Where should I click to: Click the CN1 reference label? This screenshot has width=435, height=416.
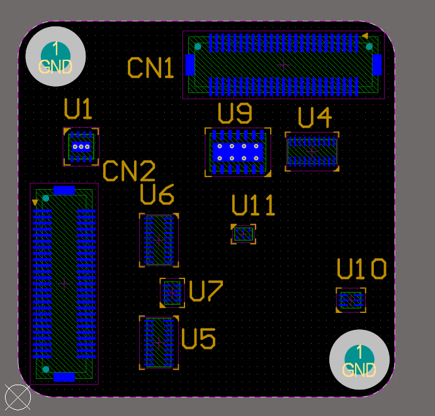[x=150, y=68]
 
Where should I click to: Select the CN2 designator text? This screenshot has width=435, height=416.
[x=129, y=171]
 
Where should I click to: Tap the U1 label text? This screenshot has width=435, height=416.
[x=78, y=110]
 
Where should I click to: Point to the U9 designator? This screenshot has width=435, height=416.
[x=235, y=113]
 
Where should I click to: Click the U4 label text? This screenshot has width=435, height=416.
[x=314, y=118]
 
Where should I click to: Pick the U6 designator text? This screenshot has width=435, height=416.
[x=157, y=195]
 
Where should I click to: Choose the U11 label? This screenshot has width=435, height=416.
[x=253, y=205]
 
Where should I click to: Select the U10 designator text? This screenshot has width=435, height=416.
[x=361, y=270]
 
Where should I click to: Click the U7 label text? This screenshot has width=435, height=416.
[x=206, y=291]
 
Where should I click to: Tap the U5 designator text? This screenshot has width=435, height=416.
[x=198, y=339]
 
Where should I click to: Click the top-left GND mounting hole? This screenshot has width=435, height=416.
[x=55, y=57]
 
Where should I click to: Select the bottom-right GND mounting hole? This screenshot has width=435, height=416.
[x=359, y=360]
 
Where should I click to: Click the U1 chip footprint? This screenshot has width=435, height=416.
[x=81, y=147]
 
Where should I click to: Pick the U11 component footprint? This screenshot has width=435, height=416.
[x=243, y=234]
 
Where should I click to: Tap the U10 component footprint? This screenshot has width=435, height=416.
[x=351, y=300]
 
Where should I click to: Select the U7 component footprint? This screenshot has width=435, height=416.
[x=172, y=293]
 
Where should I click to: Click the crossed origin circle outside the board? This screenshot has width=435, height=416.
[x=18, y=397]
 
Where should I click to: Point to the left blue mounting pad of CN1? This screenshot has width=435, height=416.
[x=190, y=64]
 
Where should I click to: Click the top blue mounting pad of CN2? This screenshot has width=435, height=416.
[x=64, y=190]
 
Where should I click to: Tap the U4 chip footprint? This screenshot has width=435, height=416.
[x=312, y=151]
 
